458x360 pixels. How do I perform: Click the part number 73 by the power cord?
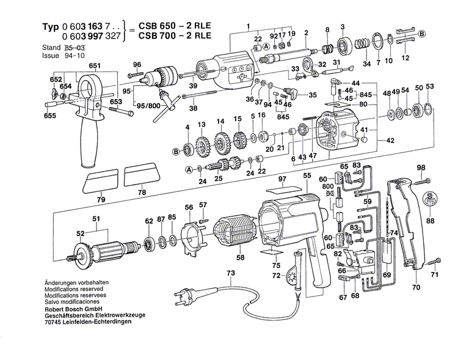(230, 273)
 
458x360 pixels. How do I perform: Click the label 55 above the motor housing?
(307, 175)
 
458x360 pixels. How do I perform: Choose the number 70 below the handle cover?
(416, 286)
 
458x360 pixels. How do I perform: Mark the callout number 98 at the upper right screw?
(420, 167)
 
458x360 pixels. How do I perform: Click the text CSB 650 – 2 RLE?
(173, 27)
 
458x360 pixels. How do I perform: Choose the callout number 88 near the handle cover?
(431, 221)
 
